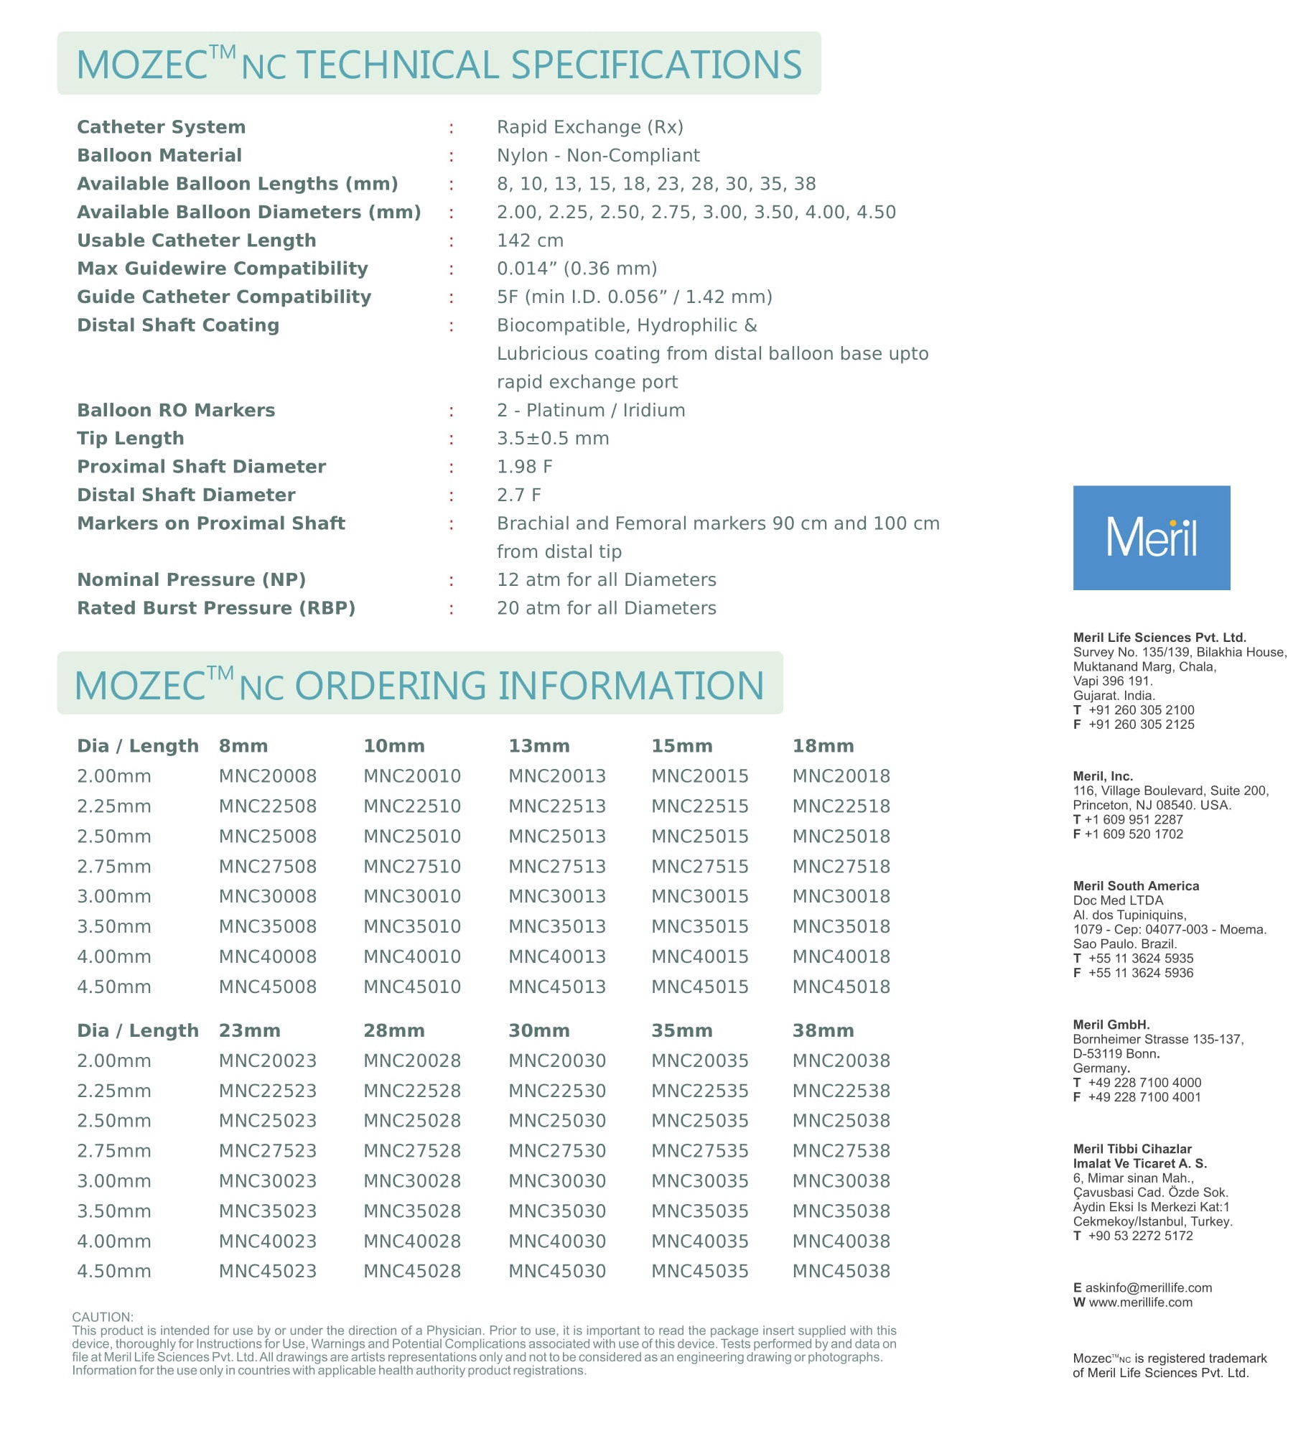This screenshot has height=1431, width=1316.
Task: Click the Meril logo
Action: click(x=1151, y=538)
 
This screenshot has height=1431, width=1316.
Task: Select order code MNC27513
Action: click(x=556, y=867)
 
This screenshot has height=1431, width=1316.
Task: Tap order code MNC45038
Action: click(x=841, y=1271)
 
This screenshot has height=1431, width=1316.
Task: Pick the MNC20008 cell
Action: click(x=267, y=776)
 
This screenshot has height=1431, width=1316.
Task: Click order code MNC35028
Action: click(x=411, y=1211)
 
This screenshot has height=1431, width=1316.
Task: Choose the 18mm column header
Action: click(x=823, y=746)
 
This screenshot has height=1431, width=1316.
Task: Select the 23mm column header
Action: click(x=249, y=1031)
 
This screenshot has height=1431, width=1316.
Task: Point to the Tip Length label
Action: click(x=130, y=438)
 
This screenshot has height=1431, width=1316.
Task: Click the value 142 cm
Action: click(x=530, y=241)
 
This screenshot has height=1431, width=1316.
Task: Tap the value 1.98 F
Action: click(x=524, y=467)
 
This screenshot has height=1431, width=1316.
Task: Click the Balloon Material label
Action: click(x=159, y=155)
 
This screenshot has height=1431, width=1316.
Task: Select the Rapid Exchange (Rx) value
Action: click(x=589, y=127)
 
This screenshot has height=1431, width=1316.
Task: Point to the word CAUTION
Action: click(x=103, y=1317)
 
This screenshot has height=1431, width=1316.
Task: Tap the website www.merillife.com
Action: click(x=1140, y=1302)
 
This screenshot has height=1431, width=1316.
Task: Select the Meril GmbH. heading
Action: click(x=1111, y=1025)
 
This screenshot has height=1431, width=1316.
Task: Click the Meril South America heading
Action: click(x=1136, y=886)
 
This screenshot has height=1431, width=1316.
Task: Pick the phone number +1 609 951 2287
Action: click(x=1133, y=819)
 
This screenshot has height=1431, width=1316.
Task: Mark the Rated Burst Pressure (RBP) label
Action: click(x=216, y=608)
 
